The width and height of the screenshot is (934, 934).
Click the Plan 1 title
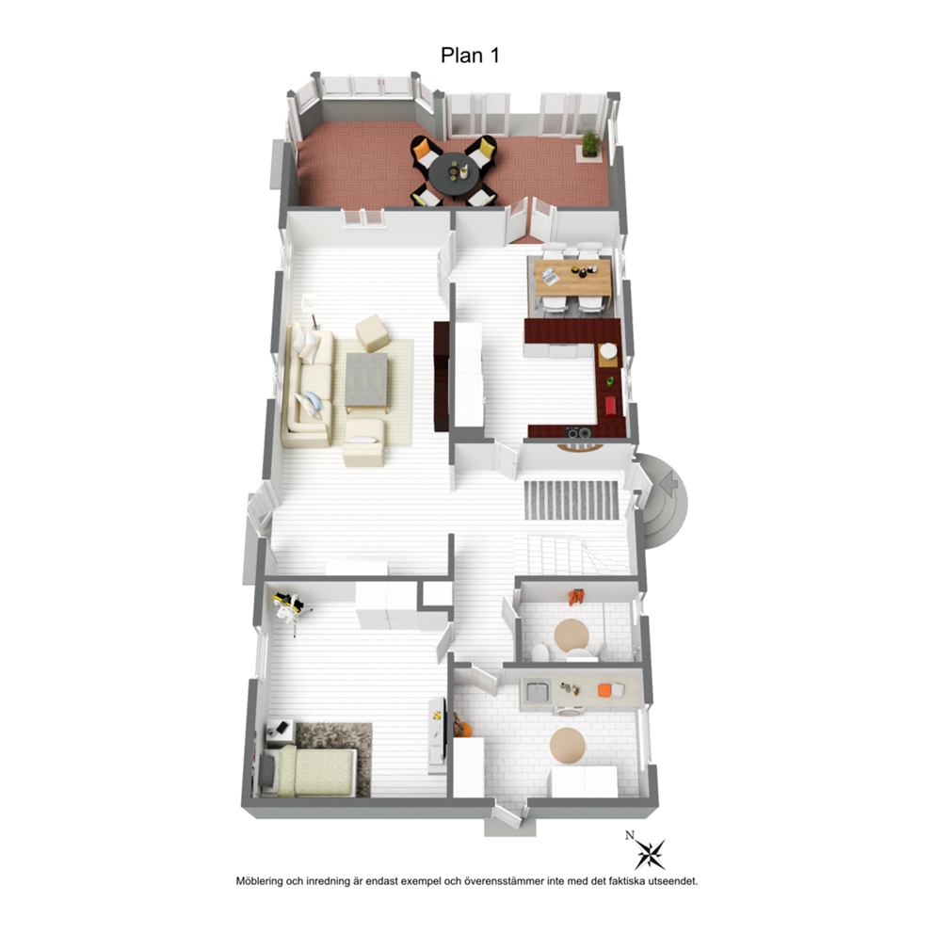[x=470, y=56]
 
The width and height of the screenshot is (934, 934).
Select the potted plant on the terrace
[x=591, y=144]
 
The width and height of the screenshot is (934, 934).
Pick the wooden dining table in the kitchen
[x=573, y=278]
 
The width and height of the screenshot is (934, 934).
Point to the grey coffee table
[x=366, y=379]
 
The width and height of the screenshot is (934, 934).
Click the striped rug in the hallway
[x=572, y=499]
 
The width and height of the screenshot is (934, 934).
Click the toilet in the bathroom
[x=540, y=653]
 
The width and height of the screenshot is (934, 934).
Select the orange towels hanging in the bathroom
[x=575, y=597]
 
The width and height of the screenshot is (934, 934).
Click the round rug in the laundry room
[x=567, y=745]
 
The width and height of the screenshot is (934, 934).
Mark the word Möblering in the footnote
[x=260, y=881]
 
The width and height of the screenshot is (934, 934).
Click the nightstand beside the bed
[x=280, y=733]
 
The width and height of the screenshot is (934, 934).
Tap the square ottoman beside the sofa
[x=372, y=332]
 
